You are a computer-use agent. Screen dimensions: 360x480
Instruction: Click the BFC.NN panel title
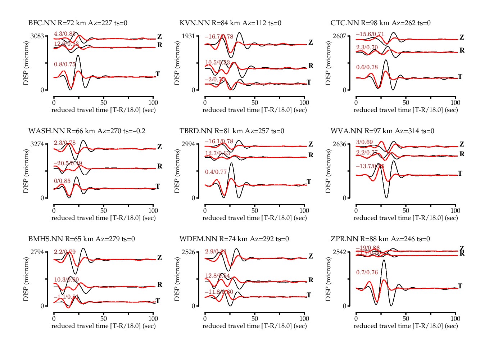click(78, 23)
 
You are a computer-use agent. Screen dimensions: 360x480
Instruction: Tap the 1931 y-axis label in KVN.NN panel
click(188, 36)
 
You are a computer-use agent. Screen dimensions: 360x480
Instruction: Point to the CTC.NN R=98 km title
click(380, 23)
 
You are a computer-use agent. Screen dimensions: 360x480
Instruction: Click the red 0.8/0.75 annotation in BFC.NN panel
click(65, 64)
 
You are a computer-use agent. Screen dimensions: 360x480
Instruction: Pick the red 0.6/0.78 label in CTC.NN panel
click(367, 67)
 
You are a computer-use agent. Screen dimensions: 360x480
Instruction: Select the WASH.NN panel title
click(87, 131)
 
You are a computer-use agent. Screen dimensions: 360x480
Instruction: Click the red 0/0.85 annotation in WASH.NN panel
click(62, 181)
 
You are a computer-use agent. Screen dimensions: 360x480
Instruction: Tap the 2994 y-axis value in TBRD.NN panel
click(188, 144)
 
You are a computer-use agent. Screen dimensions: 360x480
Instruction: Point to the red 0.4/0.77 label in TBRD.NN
click(216, 172)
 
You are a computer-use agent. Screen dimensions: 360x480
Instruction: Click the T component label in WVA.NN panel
click(460, 174)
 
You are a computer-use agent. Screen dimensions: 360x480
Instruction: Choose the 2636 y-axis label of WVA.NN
click(339, 144)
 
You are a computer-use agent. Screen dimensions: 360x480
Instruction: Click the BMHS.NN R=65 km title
click(82, 239)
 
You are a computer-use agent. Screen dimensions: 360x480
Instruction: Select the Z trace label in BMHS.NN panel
click(159, 258)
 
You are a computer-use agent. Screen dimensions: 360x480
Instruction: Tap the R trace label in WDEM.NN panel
click(311, 280)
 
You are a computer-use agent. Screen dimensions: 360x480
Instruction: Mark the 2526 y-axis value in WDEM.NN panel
click(188, 252)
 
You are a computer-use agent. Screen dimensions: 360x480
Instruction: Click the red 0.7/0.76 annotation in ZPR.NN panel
click(367, 273)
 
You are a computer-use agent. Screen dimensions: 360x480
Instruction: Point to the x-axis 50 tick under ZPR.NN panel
click(406, 319)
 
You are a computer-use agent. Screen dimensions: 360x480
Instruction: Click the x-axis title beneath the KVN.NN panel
click(255, 110)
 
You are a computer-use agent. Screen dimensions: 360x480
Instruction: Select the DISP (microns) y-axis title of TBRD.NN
click(177, 171)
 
